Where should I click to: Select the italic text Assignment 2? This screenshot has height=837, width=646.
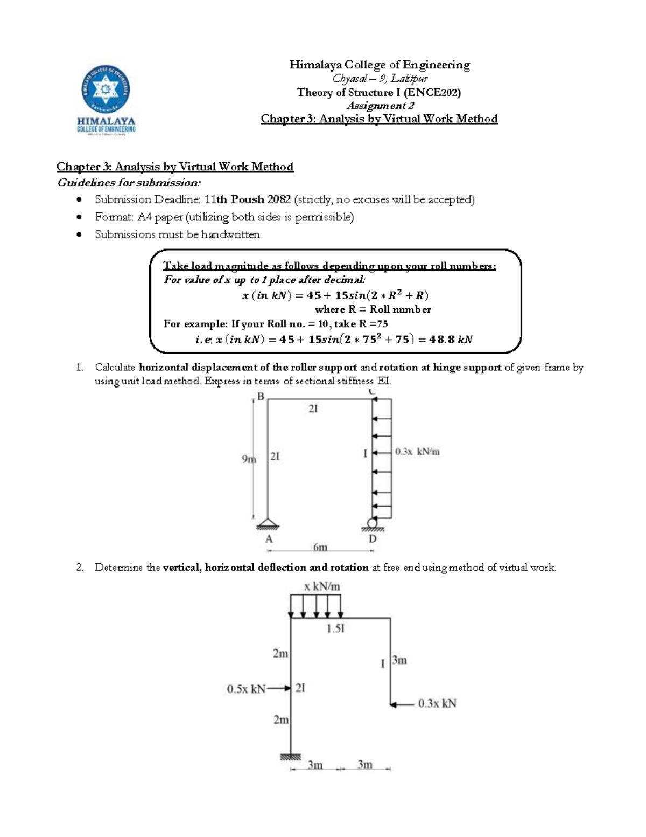tap(380, 106)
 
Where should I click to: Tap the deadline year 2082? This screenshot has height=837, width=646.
tap(279, 199)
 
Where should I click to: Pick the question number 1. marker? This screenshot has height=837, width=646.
tap(80, 368)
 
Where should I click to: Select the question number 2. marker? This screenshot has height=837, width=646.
tap(80, 568)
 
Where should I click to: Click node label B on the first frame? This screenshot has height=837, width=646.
tap(261, 397)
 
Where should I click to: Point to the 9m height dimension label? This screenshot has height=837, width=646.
tap(249, 459)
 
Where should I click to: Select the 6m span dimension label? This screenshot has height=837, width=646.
tap(320, 547)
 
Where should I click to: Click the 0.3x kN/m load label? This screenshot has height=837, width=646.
tap(417, 452)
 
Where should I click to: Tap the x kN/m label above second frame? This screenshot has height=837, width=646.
tap(322, 586)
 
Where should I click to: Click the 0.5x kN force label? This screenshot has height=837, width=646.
tap(246, 689)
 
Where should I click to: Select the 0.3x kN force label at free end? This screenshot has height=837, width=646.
tap(437, 703)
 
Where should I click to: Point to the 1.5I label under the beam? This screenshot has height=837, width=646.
tap(335, 628)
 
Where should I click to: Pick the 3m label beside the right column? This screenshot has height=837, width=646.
tap(399, 660)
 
